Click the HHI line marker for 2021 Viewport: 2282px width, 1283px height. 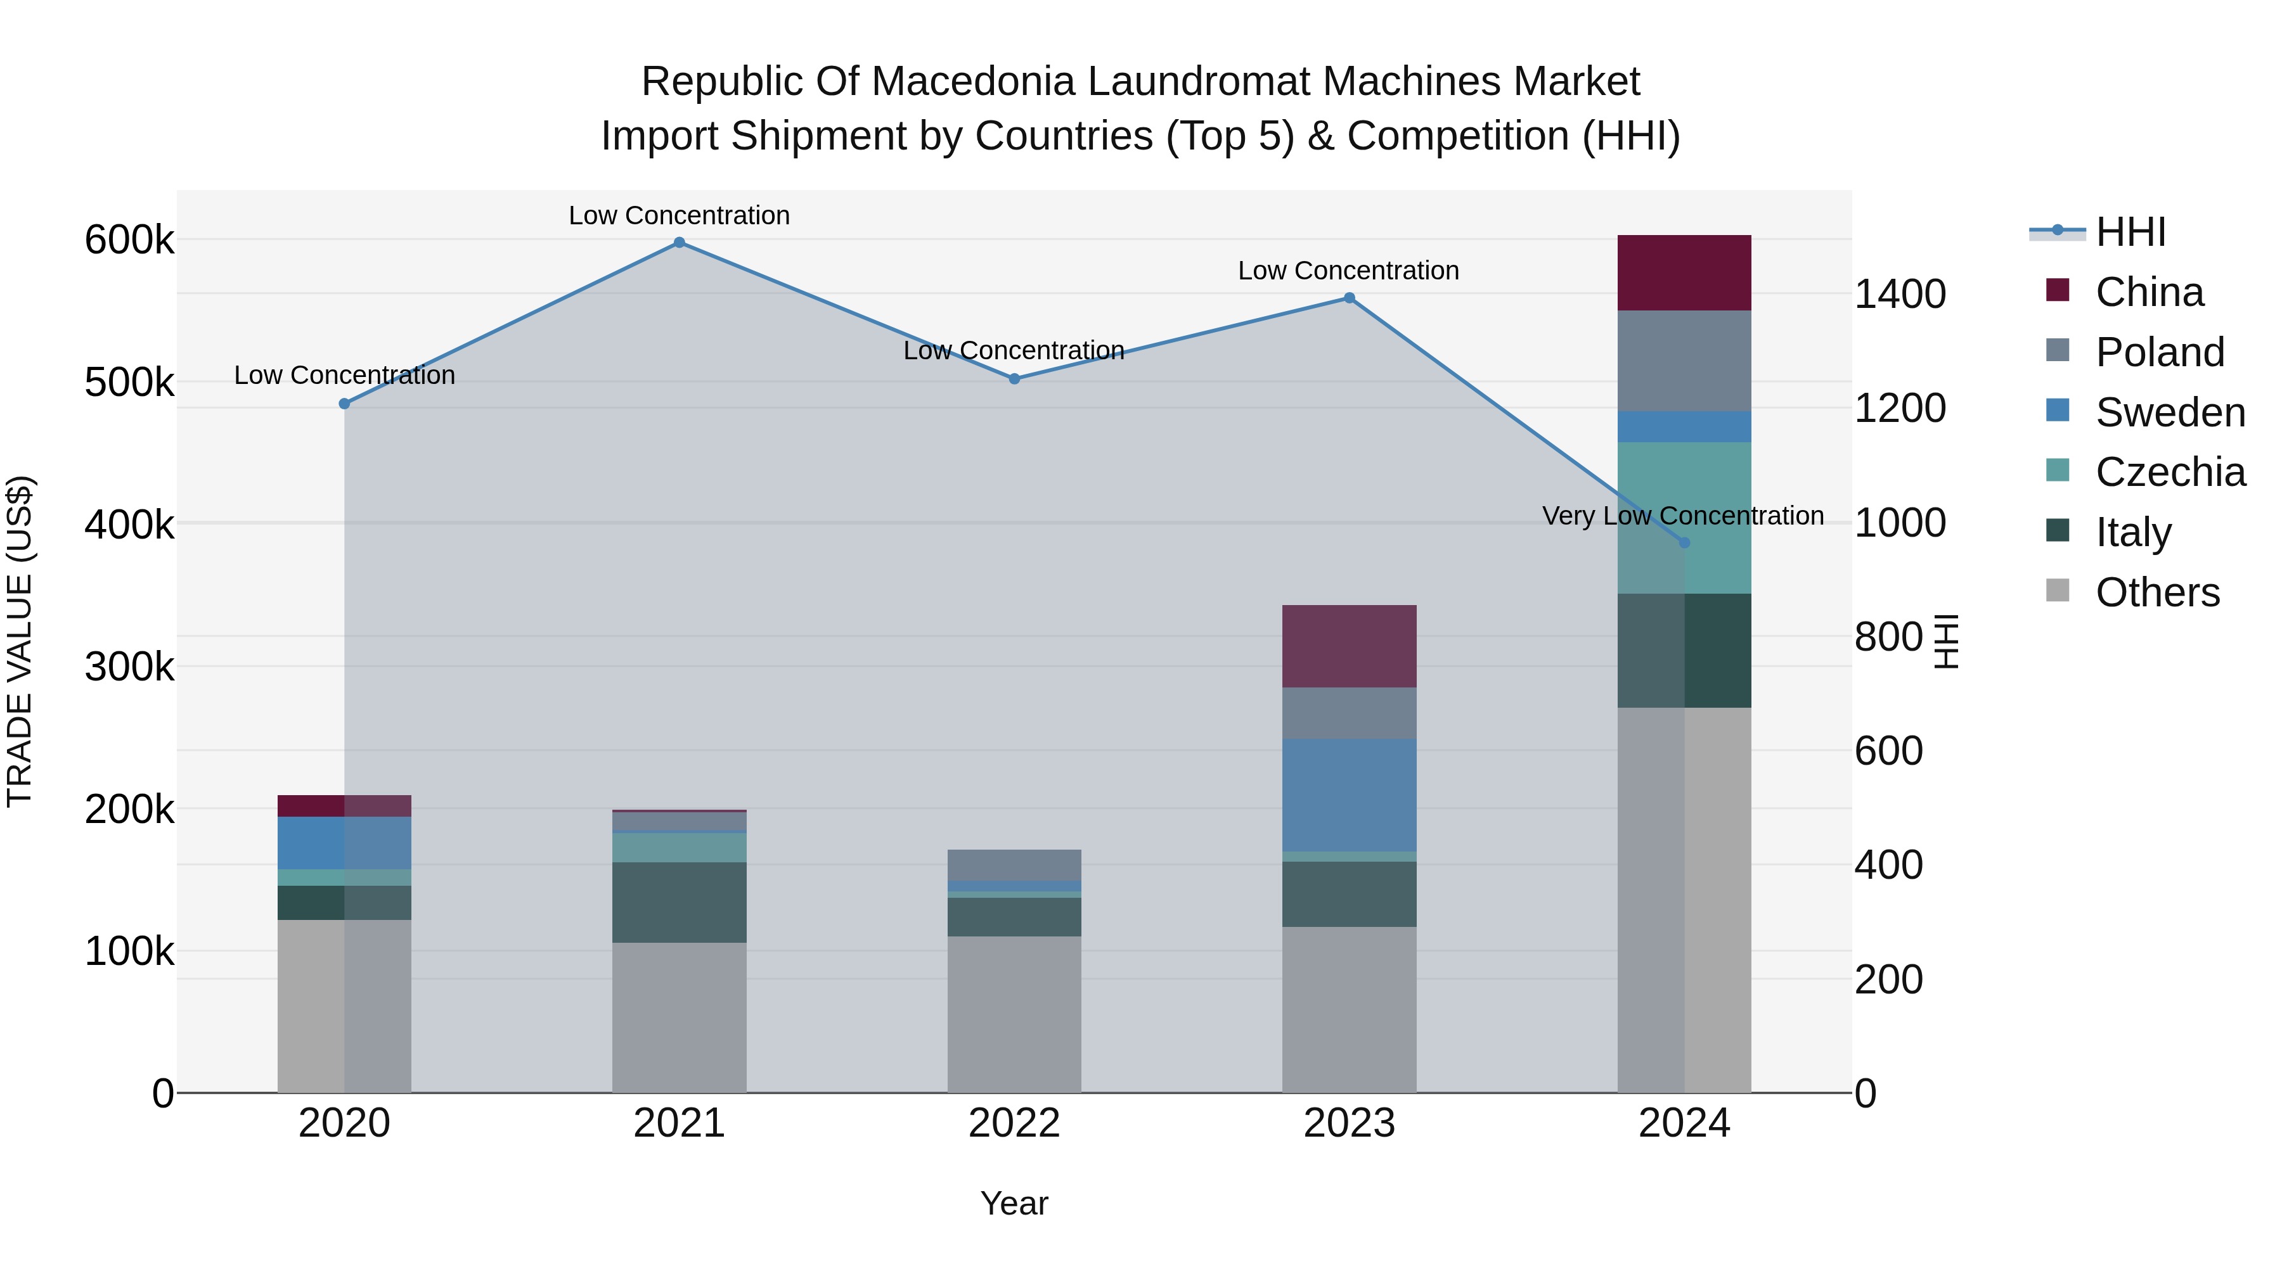680,243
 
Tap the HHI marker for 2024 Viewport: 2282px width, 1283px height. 1684,543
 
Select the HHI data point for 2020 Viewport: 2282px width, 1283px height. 345,404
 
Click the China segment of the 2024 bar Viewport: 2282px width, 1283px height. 1684,272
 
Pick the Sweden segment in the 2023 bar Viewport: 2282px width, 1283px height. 1349,795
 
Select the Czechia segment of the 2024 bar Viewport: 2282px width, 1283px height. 1684,518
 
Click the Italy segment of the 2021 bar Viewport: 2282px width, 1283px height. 680,902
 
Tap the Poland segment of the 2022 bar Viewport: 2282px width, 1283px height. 1014,865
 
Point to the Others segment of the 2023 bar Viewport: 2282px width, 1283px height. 1349,1009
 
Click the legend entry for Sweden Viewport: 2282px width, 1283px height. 2170,412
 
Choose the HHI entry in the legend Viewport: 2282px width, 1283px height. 2130,232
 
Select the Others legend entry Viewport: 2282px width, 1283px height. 2156,592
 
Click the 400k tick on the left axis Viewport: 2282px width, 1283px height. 129,524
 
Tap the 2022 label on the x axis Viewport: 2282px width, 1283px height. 1014,1123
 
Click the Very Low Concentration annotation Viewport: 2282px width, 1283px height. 1682,515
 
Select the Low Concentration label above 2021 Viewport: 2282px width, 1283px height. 680,215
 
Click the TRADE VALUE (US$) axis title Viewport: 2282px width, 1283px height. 20,641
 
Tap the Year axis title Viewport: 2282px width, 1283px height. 1014,1203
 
